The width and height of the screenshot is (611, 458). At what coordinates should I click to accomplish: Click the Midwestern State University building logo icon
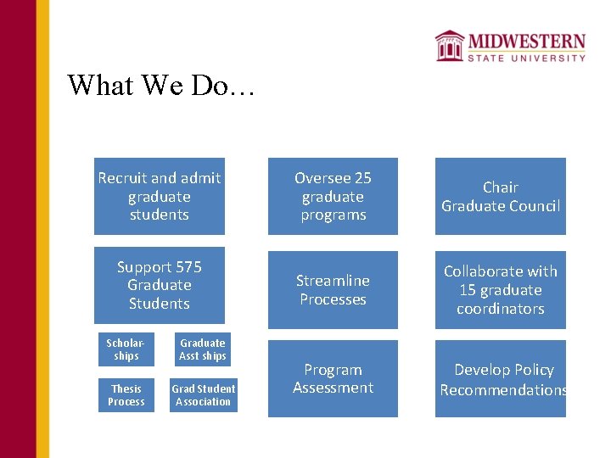pos(449,45)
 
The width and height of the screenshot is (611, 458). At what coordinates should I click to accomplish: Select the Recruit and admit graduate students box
pos(160,196)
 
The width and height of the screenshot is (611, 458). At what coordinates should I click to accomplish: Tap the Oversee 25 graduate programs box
pos(333,196)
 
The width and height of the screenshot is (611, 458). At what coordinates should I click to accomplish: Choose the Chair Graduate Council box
pos(501,196)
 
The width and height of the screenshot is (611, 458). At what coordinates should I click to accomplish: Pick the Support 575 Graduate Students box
pos(160,285)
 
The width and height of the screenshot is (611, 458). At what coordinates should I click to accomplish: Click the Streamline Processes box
pos(333,289)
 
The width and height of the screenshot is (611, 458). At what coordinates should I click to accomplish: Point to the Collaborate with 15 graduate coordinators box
pos(501,289)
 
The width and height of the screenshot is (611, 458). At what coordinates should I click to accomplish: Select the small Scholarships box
pos(126,349)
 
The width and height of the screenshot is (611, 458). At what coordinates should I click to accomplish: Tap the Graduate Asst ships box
pos(203,349)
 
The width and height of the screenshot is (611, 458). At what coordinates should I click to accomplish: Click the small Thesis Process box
pos(126,395)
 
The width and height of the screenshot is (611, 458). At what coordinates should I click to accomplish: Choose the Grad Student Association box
pos(204,395)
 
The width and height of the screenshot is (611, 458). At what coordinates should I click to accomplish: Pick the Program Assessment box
pos(333,378)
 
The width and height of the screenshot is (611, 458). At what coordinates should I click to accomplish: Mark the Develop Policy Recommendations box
pos(501,378)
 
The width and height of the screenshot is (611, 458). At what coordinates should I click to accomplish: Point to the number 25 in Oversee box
pos(362,178)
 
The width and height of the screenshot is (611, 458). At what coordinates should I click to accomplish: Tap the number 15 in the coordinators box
pos(468,290)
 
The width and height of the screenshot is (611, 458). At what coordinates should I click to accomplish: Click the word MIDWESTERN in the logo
pos(527,42)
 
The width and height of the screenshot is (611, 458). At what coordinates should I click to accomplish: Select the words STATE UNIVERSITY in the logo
pos(527,58)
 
